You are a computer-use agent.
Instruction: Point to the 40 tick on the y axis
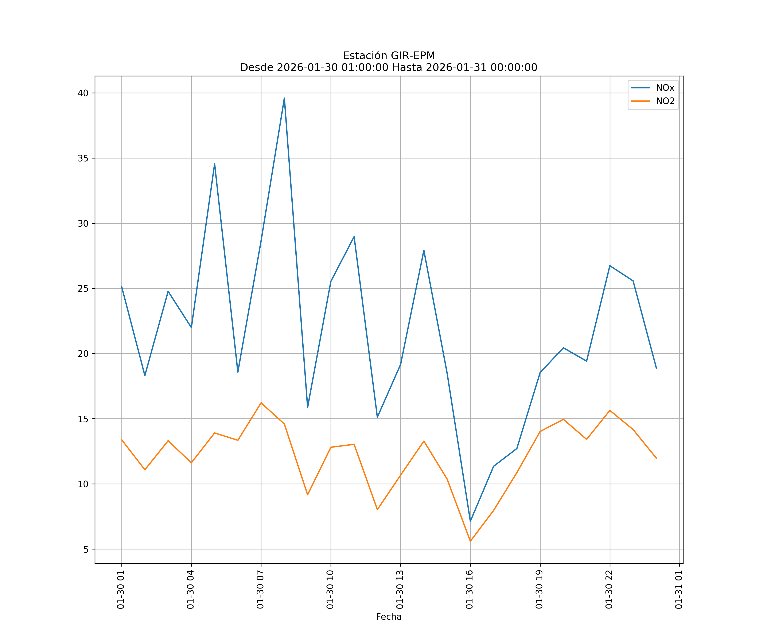83,93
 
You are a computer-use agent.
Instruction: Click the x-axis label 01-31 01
679,589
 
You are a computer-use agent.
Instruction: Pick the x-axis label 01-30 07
260,589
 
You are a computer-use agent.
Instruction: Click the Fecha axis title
389,617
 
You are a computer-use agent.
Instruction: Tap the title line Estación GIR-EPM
389,56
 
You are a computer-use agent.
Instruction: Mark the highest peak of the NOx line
284,98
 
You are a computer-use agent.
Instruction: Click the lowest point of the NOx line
470,521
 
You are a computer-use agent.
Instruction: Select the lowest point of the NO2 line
470,541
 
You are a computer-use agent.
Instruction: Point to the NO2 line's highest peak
261,403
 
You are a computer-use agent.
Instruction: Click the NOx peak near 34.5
214,164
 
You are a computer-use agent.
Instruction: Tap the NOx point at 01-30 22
610,265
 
